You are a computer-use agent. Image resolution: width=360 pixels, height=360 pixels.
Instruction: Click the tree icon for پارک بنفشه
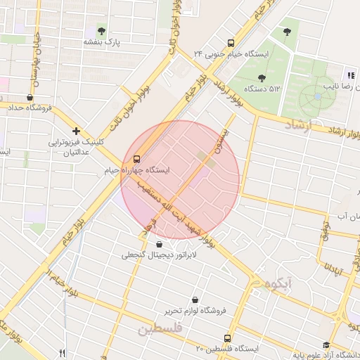(102, 31)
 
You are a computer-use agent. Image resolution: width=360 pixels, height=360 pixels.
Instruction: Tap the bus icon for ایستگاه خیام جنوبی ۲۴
(231, 42)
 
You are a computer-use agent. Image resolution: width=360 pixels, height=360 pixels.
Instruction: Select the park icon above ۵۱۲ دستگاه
(262, 78)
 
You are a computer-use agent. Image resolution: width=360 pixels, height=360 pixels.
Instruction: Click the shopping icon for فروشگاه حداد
(30, 97)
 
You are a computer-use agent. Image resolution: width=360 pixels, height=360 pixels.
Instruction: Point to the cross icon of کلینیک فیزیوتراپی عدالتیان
(76, 131)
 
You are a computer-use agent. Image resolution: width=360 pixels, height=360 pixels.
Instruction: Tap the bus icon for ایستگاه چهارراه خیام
(136, 159)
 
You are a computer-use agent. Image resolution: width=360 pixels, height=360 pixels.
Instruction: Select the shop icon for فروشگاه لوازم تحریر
(195, 300)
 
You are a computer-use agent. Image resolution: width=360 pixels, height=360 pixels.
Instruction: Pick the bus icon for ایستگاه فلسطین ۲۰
(226, 338)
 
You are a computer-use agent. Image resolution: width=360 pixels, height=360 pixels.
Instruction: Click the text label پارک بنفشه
(102, 42)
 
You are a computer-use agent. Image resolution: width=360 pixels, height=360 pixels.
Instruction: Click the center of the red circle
(180, 180)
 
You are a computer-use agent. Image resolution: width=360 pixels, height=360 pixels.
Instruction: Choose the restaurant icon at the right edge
(349, 75)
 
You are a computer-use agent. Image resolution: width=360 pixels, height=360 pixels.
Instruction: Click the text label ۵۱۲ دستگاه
(262, 89)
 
